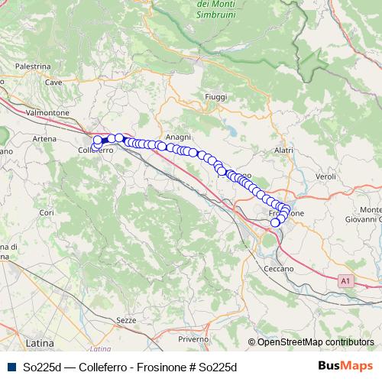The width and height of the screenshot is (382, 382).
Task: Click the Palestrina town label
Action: [32, 66]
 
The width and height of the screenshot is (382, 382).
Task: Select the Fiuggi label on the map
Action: [216, 97]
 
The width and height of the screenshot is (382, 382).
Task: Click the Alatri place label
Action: [283, 151]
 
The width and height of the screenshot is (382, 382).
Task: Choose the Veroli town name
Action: [325, 176]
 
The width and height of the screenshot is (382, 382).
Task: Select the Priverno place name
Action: [193, 338]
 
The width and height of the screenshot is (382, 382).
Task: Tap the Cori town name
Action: [46, 212]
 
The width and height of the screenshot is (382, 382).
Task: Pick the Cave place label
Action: [53, 82]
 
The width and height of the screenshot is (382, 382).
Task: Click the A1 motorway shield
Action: [346, 283]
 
